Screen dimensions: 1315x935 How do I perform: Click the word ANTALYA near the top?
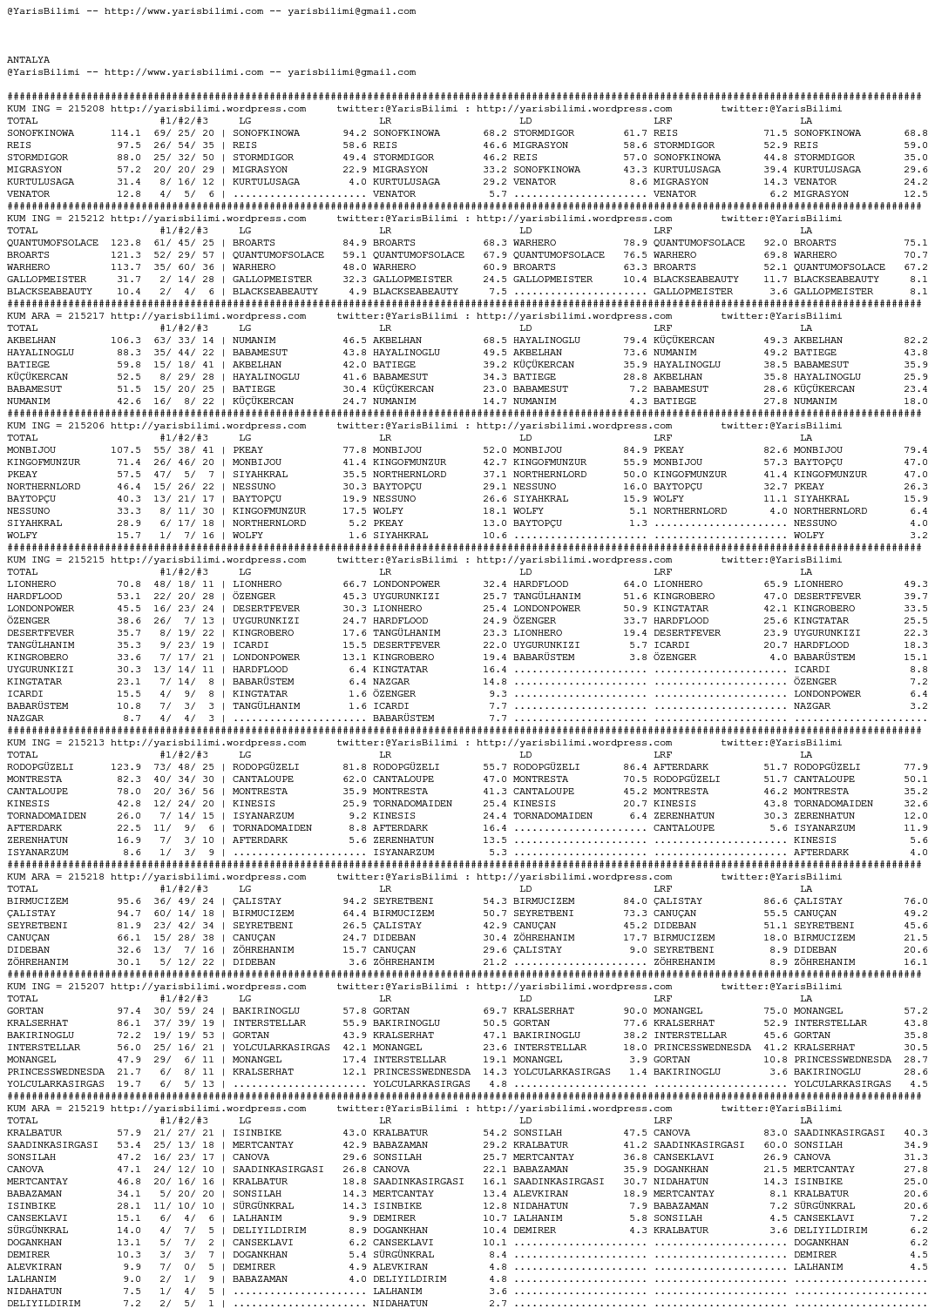[x=28, y=60]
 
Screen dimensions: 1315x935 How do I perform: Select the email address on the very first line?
[x=351, y=11]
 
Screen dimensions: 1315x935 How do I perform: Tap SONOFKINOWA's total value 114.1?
[x=125, y=133]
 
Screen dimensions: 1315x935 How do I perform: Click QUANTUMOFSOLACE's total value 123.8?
[x=125, y=243]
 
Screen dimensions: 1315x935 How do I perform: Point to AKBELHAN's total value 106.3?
[x=125, y=341]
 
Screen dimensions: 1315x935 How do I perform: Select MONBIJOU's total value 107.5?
[x=125, y=450]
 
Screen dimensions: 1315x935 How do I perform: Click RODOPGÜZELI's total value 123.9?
[x=125, y=767]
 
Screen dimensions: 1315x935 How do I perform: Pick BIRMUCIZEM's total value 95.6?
[x=128, y=901]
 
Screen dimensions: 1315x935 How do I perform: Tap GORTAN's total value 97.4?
[x=128, y=1011]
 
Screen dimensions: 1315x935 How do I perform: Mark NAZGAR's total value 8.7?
[x=132, y=718]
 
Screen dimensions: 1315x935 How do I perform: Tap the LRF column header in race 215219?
[x=662, y=1121]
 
